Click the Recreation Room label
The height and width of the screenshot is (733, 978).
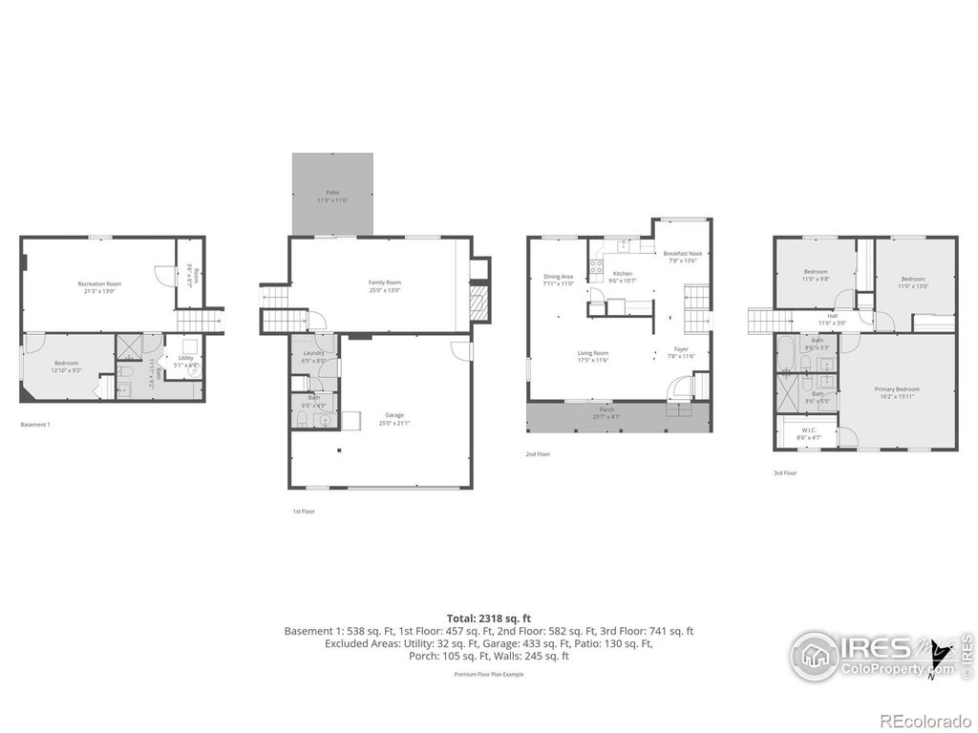(99, 283)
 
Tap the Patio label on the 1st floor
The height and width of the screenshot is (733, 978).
(331, 192)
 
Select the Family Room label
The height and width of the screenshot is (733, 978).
(384, 283)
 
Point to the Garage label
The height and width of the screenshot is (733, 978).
(394, 415)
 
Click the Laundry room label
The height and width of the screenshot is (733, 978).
(313, 353)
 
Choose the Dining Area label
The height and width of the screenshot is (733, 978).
(558, 277)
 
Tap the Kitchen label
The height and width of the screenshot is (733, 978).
(621, 274)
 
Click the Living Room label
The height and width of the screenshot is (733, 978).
(592, 353)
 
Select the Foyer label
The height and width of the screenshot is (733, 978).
(680, 349)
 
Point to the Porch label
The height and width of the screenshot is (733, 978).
(606, 409)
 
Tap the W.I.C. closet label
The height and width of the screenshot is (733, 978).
(808, 431)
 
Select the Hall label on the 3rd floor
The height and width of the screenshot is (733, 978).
(832, 316)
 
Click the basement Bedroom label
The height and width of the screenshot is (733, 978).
(66, 364)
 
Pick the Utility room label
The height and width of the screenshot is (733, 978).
(185, 358)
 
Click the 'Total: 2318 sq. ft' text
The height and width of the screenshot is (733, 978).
(488, 618)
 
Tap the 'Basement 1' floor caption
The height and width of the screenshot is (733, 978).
(35, 425)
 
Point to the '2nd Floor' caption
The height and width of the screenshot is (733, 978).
(538, 454)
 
